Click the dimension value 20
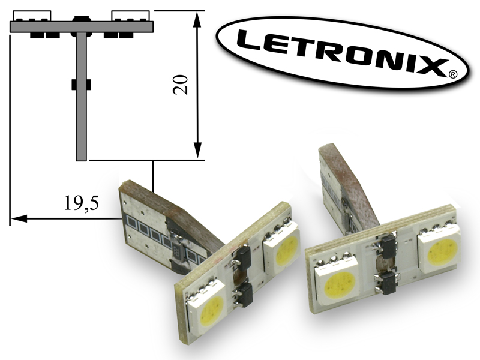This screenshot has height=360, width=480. click(181, 85)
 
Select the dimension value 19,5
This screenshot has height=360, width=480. click(82, 203)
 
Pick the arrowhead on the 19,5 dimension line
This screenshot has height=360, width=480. click(19, 218)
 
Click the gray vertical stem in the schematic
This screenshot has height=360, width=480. click(81, 96)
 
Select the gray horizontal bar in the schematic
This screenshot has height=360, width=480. click(82, 26)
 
